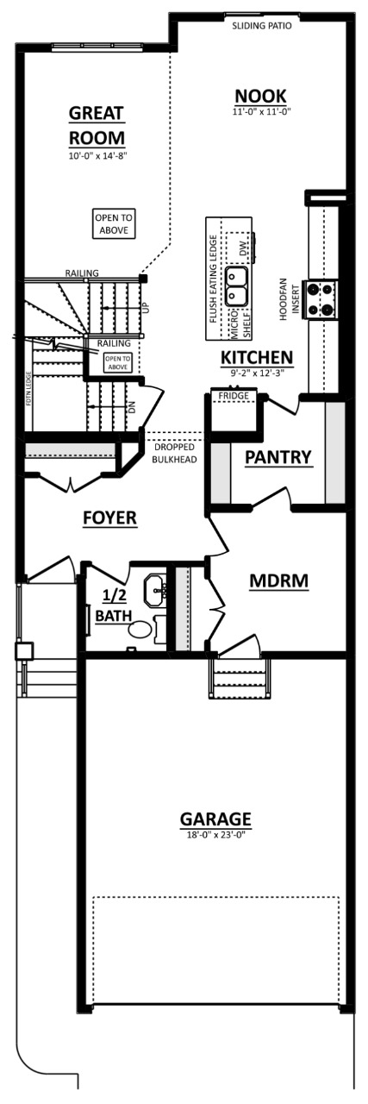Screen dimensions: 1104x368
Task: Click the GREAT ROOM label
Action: (x=97, y=125)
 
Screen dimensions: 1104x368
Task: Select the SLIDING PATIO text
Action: (x=262, y=26)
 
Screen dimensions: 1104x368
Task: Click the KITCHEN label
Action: (x=257, y=357)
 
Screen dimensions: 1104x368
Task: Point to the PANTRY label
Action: (x=278, y=457)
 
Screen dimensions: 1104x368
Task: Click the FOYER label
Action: (x=109, y=517)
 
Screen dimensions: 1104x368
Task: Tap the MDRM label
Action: (x=278, y=581)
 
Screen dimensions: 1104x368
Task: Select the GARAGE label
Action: (x=215, y=819)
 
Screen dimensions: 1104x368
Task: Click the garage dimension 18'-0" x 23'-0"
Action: (x=215, y=835)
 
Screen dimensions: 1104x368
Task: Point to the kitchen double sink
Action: (x=237, y=285)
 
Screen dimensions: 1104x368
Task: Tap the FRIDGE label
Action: (x=233, y=396)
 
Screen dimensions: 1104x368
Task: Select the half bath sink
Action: (x=155, y=591)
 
